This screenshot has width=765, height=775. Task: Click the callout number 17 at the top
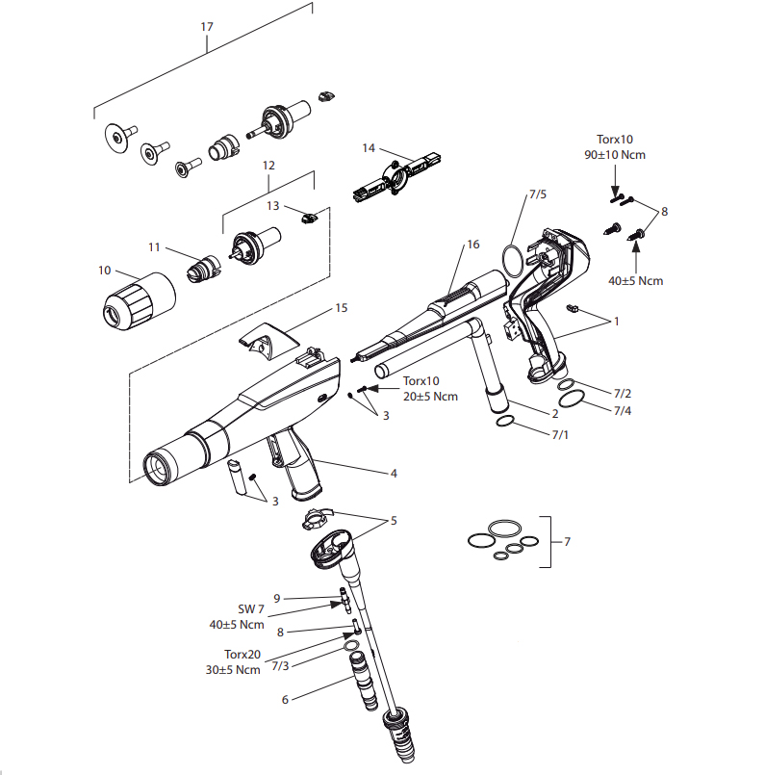pos(207,27)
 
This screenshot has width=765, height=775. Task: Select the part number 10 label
pos(104,271)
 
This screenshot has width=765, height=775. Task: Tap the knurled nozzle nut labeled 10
pos(139,300)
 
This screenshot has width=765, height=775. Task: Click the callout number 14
pos(369,148)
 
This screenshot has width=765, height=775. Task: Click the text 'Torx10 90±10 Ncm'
pos(615,146)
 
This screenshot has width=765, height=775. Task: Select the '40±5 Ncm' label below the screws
pos(636,281)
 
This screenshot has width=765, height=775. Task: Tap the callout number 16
pos(473,245)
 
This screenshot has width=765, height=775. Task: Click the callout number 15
pos(342,308)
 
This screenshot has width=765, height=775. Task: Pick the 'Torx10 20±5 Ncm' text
pos(430,389)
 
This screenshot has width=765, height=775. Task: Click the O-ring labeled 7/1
pos(505,421)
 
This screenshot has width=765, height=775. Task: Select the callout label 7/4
pos(623,411)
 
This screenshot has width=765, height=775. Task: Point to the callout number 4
pos(394,474)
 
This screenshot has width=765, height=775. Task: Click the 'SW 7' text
pos(251,609)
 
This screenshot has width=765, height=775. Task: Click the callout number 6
pos(285,699)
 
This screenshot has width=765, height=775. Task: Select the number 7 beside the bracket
pos(567,542)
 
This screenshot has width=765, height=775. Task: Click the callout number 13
pos(272,206)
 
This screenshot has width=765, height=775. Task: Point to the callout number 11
pos(154,247)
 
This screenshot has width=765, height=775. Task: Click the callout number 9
pos(277,599)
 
